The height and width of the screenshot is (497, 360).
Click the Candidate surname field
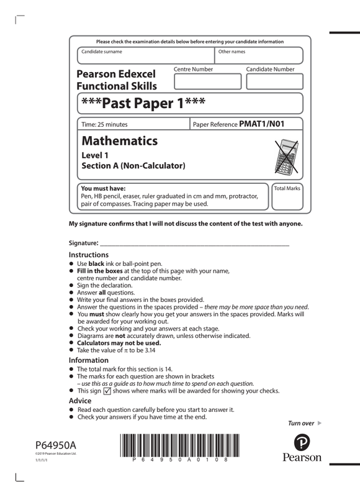click(x=146, y=56)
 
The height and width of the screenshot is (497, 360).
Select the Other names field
click(x=259, y=56)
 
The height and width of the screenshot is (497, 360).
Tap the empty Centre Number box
click(x=198, y=81)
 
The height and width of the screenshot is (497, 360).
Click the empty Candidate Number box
click(x=274, y=81)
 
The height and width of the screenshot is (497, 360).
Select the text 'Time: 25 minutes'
click(x=105, y=124)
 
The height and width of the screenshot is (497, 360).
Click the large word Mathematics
click(x=120, y=141)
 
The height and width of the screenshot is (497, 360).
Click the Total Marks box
click(x=287, y=196)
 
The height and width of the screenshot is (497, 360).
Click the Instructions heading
click(x=89, y=255)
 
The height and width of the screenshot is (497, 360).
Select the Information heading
click(x=89, y=360)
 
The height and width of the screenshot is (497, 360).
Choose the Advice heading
click(x=81, y=401)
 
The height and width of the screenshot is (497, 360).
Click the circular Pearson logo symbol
click(x=302, y=443)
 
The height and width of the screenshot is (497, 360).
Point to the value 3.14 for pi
click(x=153, y=350)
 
